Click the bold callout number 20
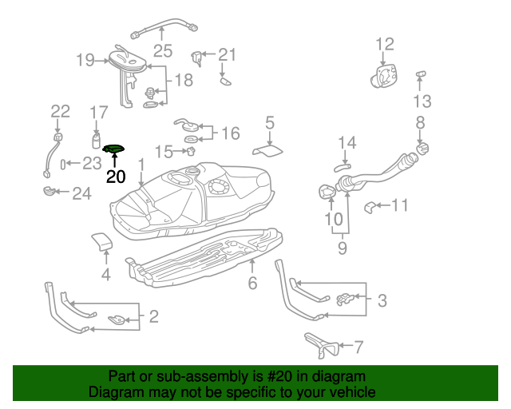(x=116, y=177)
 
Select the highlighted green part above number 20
(x=115, y=149)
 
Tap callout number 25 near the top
(x=163, y=51)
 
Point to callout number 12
(x=385, y=43)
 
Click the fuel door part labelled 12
(x=385, y=74)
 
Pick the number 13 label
(x=422, y=101)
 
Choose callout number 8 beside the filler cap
(x=420, y=121)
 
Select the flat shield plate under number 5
(x=267, y=149)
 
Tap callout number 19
(x=86, y=59)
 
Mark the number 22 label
(x=61, y=111)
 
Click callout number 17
(x=98, y=112)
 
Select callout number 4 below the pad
(x=105, y=276)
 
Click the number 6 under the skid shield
(x=252, y=283)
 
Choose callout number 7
(x=358, y=347)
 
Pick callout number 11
(x=399, y=205)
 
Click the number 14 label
(x=346, y=144)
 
